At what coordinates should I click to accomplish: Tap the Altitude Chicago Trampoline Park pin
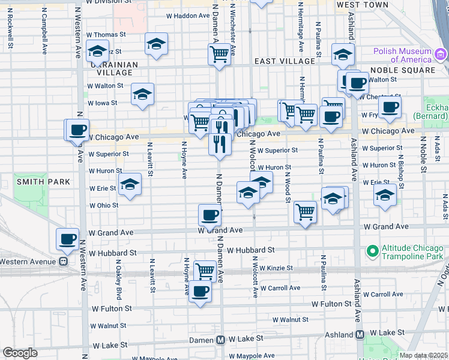pyautogui.click(x=372, y=250)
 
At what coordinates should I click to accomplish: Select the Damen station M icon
pyautogui.click(x=220, y=340)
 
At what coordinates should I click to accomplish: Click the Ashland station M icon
pyautogui.click(x=360, y=334)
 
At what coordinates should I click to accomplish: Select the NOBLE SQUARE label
pyautogui.click(x=405, y=70)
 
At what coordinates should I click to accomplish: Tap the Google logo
pyautogui.click(x=20, y=353)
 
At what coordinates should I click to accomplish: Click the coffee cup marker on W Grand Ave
pyautogui.click(x=209, y=214)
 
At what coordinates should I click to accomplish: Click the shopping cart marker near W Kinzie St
pyautogui.click(x=205, y=270)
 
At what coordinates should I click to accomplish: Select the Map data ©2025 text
pyautogui.click(x=423, y=355)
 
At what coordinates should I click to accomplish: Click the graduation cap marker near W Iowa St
pyautogui.click(x=143, y=94)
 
